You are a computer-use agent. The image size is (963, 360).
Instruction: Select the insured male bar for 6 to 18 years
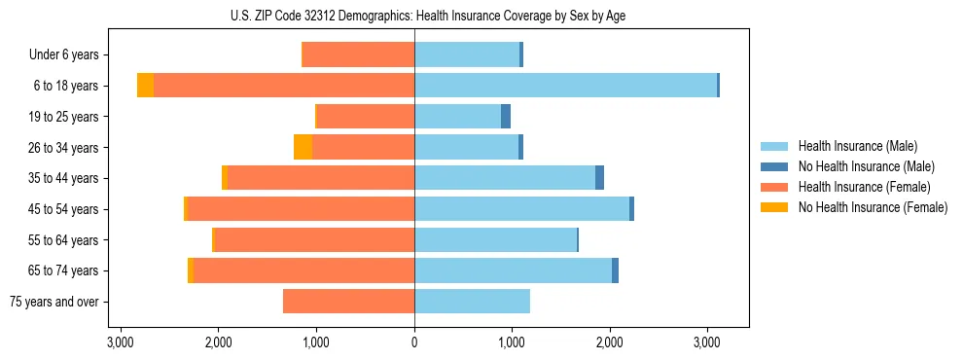(565, 86)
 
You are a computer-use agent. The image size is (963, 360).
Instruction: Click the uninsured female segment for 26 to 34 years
(303, 147)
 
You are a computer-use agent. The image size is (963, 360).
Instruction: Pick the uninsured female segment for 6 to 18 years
(145, 86)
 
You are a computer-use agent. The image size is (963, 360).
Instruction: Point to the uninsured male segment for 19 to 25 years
(506, 117)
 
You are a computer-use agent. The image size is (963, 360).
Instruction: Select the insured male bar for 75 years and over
(472, 302)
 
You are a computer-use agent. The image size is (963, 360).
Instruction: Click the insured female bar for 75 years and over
(348, 302)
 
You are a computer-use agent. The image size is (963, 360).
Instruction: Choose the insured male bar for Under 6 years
(467, 54)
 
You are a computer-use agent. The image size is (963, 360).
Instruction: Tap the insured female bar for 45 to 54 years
(301, 209)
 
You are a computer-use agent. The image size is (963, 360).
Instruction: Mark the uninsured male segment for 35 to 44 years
(599, 178)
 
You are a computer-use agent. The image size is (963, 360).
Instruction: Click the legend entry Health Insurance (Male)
(857, 146)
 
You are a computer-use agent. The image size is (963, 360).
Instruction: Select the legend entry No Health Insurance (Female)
(873, 207)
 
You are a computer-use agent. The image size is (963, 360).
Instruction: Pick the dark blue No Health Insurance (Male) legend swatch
(774, 166)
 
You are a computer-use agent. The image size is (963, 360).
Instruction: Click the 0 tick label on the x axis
(414, 342)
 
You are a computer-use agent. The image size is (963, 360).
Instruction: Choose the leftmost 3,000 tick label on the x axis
(120, 342)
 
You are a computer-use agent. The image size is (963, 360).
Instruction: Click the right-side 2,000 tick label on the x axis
(610, 342)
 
